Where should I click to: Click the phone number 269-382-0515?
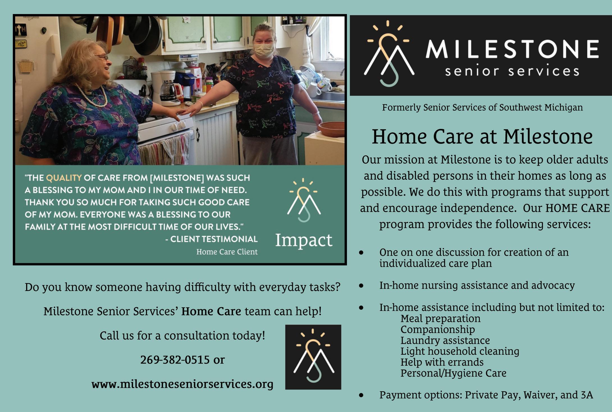[x=175, y=360]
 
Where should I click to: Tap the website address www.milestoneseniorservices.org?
[x=182, y=384]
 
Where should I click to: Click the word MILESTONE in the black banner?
[x=512, y=49]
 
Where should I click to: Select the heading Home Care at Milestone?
[x=482, y=137]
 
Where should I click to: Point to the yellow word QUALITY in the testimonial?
[x=64, y=178]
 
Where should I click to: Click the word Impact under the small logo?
[x=304, y=240]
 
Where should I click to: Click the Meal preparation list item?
[x=440, y=318]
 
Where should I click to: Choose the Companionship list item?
[x=438, y=329]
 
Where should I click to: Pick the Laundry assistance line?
[x=445, y=340]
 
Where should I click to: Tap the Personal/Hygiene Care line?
[x=453, y=373]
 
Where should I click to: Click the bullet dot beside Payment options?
[x=361, y=395]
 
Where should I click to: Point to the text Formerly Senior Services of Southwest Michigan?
[x=482, y=108]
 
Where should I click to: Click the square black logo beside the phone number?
[x=313, y=357]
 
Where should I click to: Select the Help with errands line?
[x=442, y=362]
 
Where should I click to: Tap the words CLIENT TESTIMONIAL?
[x=214, y=239]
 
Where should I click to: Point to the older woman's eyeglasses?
[x=102, y=57]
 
